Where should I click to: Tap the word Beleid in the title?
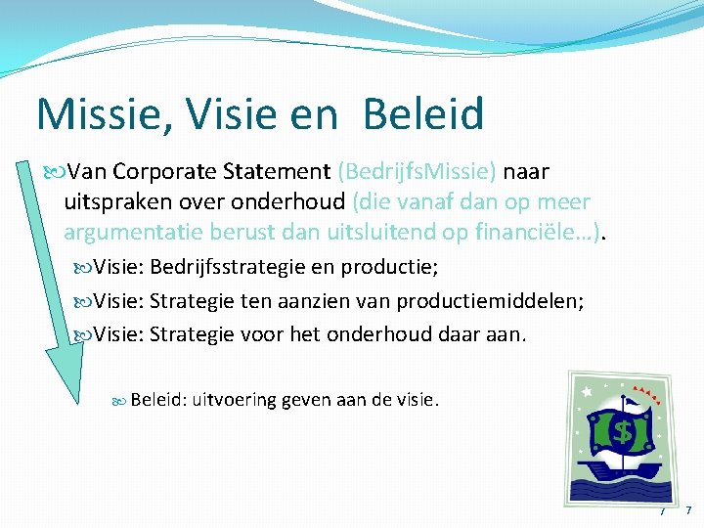(x=422, y=114)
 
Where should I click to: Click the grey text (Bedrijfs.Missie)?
(x=417, y=172)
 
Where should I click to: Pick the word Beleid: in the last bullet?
(x=158, y=399)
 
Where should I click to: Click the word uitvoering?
(x=235, y=399)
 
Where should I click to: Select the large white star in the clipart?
(x=587, y=392)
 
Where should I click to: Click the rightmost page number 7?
(x=688, y=510)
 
